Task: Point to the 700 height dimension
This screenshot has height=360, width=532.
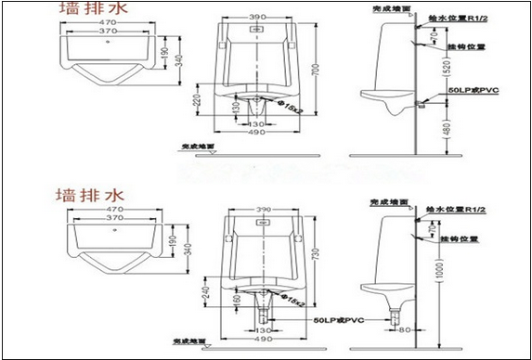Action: [x=319, y=71]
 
